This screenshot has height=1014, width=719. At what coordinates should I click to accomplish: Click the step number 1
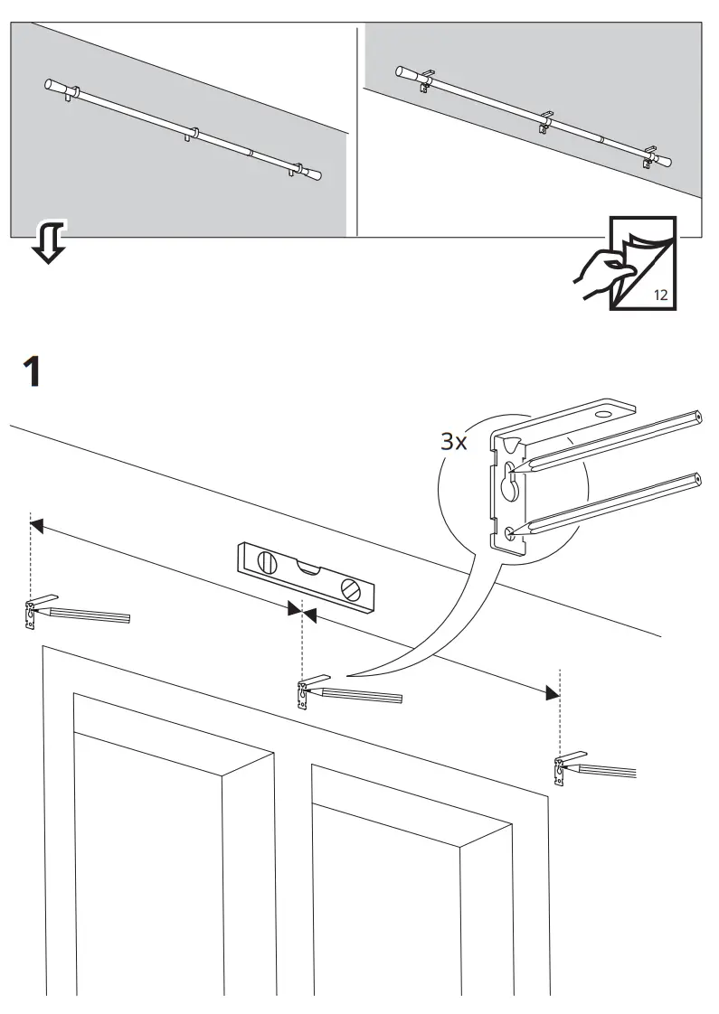pos(32,371)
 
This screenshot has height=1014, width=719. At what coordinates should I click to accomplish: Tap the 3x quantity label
pos(453,442)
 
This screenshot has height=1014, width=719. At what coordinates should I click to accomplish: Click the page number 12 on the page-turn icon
pos(660,295)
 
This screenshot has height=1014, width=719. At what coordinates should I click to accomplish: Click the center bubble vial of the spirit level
pos(307,568)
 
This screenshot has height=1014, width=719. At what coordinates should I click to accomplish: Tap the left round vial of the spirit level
pos(267,561)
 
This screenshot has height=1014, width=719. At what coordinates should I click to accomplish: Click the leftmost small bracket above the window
pos(32,614)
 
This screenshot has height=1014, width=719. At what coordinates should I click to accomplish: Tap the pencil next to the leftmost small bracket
pos(90,615)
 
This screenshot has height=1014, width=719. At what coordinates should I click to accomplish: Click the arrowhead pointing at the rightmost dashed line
pos(551,693)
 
